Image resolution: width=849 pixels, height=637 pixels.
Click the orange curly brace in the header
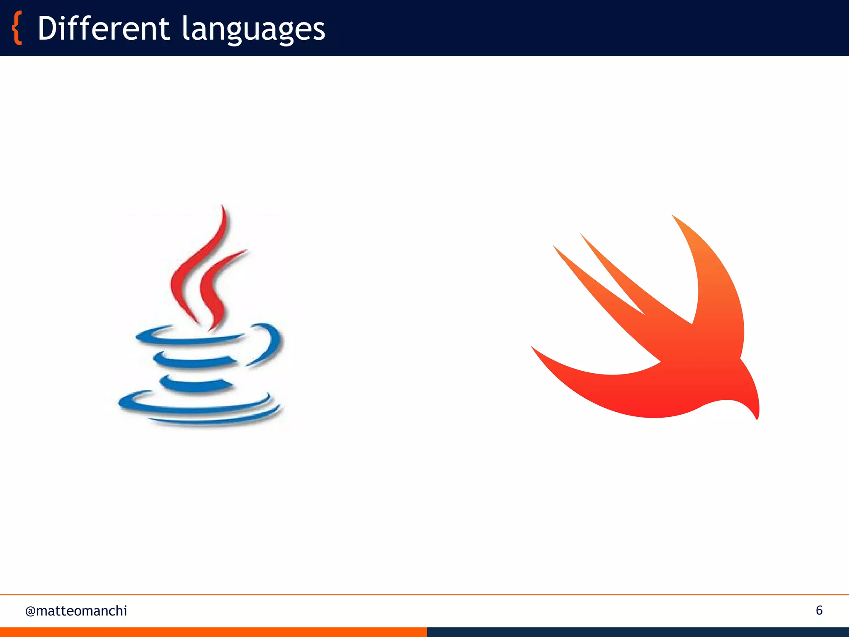point(17,28)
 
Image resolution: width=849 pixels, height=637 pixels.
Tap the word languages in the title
point(253,30)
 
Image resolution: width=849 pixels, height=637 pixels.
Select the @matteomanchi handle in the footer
point(76,611)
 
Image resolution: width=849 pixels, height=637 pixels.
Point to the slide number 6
point(819,610)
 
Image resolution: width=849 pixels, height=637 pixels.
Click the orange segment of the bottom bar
point(213,632)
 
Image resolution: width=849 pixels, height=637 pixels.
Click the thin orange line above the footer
point(424,595)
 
